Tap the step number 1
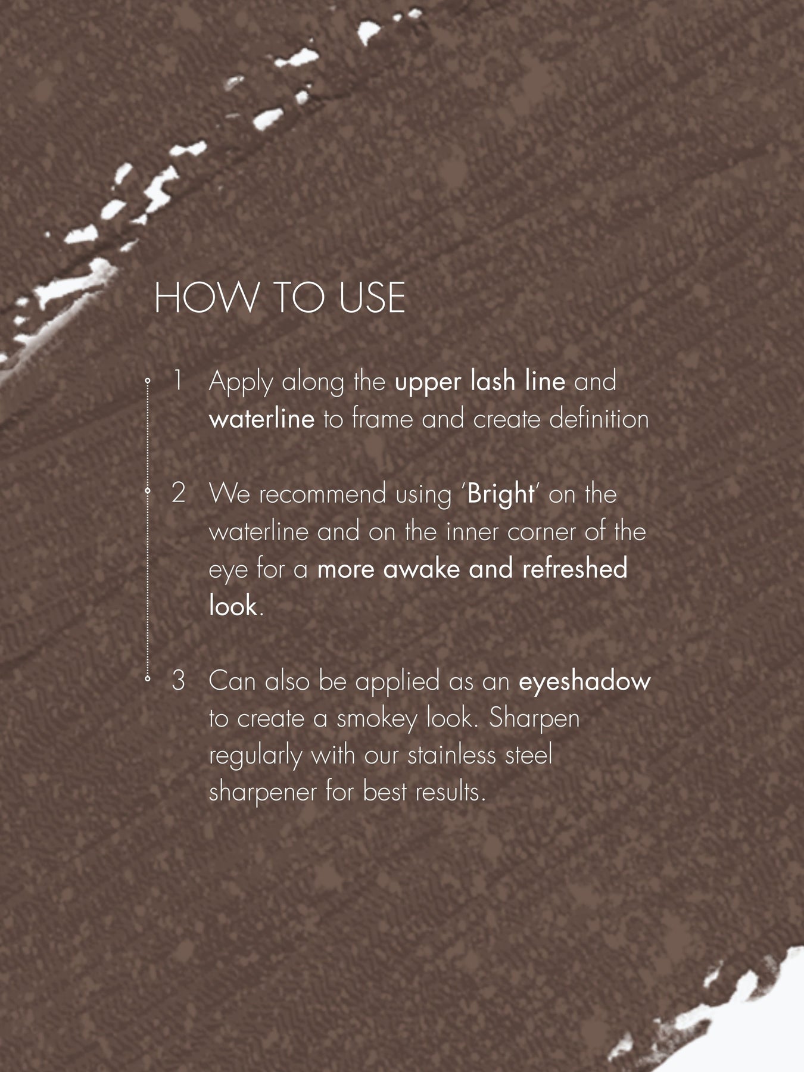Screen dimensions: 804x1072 pos(177,381)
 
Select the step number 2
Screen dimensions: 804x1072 pos(178,493)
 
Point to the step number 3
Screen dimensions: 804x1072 pos(178,680)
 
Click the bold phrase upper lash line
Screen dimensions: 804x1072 pos(480,381)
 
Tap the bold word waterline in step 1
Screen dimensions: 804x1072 pos(261,419)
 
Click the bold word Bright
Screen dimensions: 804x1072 pos(501,494)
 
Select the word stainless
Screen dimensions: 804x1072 pos(452,755)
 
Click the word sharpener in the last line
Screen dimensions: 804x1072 pos(263,793)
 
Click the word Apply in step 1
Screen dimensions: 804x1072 pos(241,382)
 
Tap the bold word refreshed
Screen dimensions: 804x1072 pos(575,569)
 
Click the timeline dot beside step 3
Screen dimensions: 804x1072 pos(147,677)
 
